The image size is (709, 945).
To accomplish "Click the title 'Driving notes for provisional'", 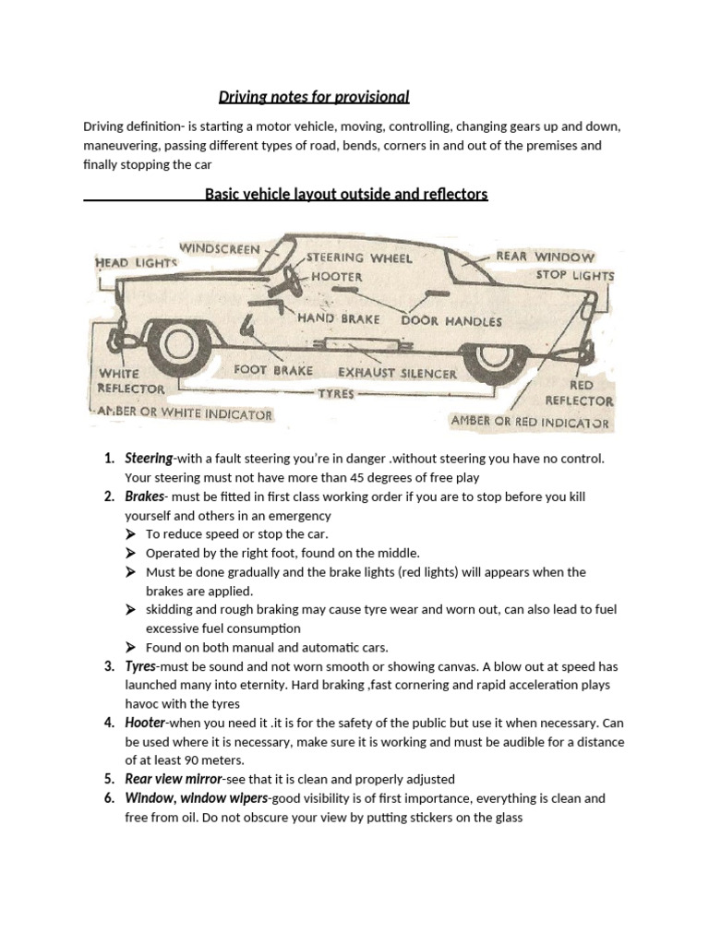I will tap(313, 97).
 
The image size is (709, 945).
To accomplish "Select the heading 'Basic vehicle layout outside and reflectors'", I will tap(346, 195).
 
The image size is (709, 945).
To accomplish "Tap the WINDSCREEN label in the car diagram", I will tap(220, 248).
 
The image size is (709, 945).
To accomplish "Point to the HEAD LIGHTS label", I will tap(137, 263).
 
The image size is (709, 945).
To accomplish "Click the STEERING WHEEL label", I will tap(358, 257).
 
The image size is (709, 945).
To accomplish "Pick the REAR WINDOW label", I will tap(546, 257).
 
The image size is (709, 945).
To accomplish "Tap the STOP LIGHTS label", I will tap(574, 275).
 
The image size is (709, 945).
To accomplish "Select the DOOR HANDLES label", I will tap(451, 321).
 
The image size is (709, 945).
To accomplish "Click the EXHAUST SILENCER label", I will tap(397, 374).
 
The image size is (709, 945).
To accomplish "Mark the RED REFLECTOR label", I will tap(580, 392).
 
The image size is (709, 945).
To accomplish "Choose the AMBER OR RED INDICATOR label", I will tap(530, 422).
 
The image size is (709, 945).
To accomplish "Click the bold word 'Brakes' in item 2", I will tap(143, 496).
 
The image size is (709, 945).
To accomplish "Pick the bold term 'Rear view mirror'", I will tap(174, 779).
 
